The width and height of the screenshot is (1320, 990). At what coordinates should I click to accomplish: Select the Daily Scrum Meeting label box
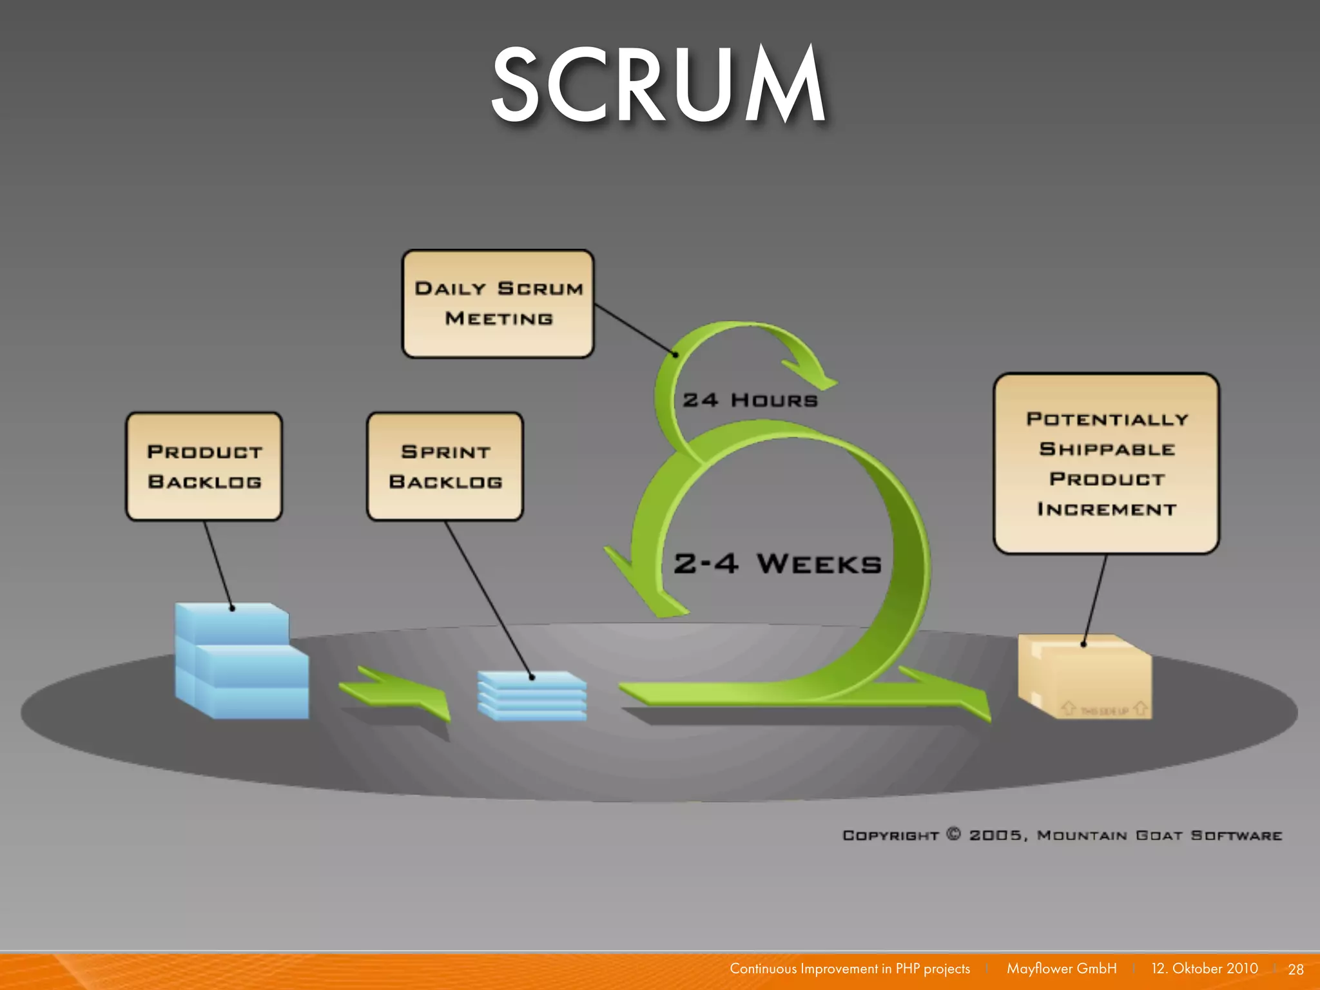click(498, 304)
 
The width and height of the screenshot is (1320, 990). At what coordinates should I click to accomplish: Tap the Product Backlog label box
click(204, 467)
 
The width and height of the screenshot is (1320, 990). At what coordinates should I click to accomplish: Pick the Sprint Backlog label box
click(445, 467)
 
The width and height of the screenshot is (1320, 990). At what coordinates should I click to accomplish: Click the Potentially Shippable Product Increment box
click(1106, 463)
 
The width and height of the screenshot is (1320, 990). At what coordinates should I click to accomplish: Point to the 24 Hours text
click(750, 400)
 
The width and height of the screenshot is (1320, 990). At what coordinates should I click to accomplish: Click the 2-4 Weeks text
click(777, 564)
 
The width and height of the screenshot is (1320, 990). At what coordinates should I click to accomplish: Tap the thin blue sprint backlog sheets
click(532, 695)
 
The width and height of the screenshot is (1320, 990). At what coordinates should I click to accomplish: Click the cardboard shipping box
click(1085, 677)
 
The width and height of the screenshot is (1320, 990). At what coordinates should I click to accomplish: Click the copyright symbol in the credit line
click(953, 834)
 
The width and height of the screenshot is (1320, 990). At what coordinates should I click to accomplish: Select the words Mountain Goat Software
click(1159, 835)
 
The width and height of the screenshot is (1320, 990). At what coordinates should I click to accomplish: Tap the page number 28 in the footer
click(1296, 969)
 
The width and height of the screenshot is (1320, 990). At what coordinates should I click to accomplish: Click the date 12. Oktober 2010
click(1204, 969)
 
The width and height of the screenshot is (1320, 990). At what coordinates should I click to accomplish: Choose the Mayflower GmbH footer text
click(1061, 969)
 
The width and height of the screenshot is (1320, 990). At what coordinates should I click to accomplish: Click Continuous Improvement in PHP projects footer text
click(849, 969)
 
